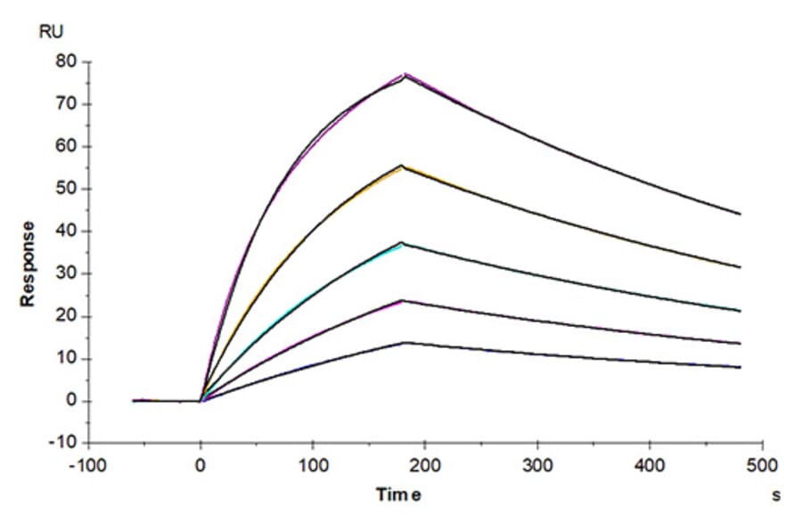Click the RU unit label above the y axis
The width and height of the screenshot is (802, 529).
pos(50,33)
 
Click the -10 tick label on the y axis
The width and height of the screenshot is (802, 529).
pos(63,444)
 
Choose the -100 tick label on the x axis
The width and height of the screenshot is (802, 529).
pos(89,466)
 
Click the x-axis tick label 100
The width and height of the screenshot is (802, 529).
pos(313,466)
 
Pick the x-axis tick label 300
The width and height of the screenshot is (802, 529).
pos(537,466)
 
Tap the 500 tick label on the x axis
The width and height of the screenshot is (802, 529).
pos(762,466)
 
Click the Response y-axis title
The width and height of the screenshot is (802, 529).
pos(29,264)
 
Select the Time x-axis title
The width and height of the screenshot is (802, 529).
pos(397,495)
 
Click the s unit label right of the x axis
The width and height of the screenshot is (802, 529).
pos(776,495)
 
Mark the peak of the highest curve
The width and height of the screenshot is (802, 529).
pos(405,75)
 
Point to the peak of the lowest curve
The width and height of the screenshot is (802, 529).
pos(405,342)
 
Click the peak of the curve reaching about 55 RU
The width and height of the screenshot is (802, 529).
pos(403,166)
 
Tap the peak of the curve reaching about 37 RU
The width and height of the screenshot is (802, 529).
pos(403,242)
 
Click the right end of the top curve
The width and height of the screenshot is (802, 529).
pos(740,214)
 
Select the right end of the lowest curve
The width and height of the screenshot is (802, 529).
pos(740,367)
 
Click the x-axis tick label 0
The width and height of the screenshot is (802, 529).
pos(200,466)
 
